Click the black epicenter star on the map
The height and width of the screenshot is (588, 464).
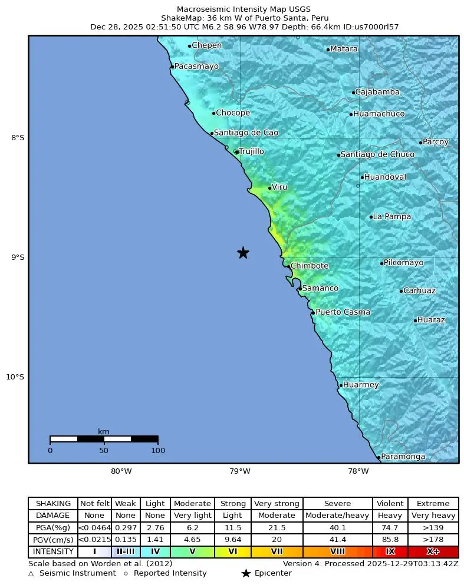point(243,253)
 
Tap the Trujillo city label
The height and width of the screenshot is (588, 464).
point(251,152)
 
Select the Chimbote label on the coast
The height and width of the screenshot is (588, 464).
point(309,266)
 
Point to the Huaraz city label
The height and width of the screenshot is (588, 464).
point(431,320)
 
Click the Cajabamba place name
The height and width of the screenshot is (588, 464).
point(377,93)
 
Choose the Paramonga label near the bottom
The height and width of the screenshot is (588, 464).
point(403,457)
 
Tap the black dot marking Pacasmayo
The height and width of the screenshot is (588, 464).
point(172,67)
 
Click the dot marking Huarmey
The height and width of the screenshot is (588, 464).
point(341,385)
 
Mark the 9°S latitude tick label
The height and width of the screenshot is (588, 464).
point(17,257)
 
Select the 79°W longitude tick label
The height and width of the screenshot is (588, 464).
point(240,471)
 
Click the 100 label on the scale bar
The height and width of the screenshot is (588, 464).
point(157,451)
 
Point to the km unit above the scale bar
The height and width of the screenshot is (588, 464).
point(104,431)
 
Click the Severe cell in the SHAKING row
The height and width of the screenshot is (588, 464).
point(337,504)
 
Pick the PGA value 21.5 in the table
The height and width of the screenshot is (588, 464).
point(277,528)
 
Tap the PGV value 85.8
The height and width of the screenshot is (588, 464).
point(390,540)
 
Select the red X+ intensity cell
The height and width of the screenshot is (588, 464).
point(433,552)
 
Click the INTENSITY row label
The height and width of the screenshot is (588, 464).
point(53,552)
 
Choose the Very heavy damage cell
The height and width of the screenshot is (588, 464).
point(433,516)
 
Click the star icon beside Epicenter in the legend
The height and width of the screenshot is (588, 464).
point(246,573)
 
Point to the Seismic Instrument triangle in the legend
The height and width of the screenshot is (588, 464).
point(31,573)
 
